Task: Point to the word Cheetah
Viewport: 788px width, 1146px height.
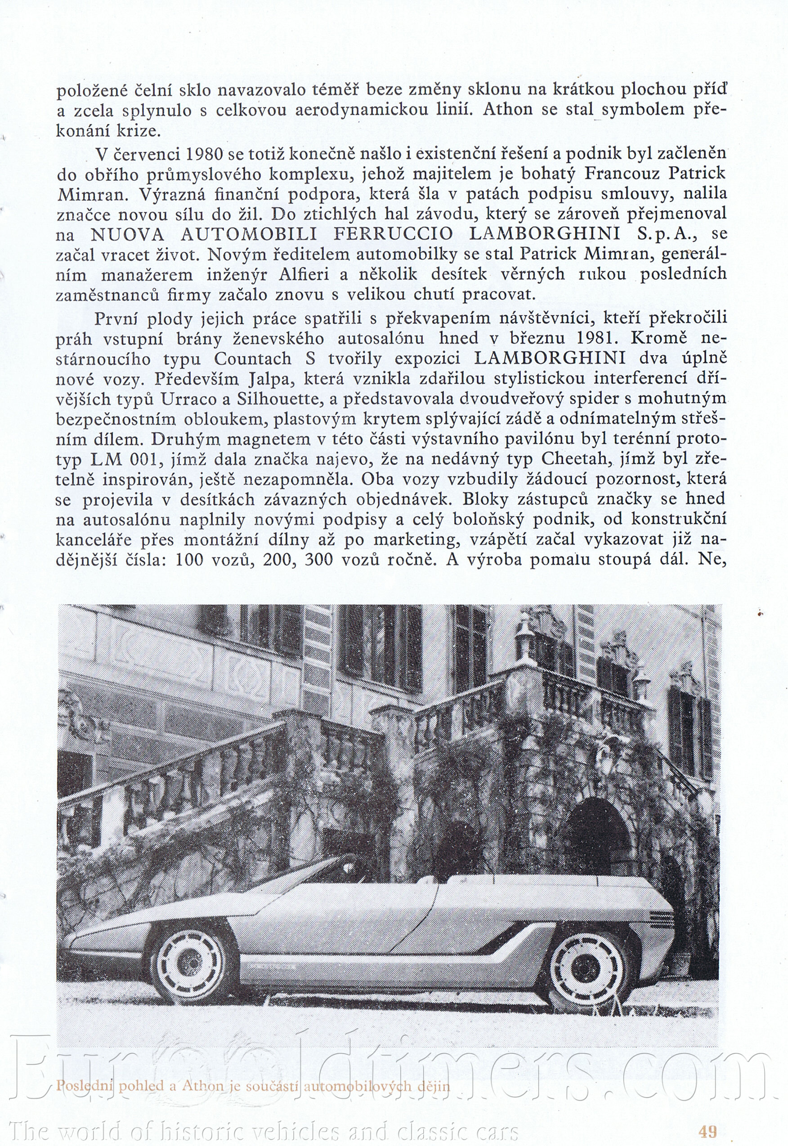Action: pyautogui.click(x=577, y=459)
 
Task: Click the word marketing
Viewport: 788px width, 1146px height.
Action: pyautogui.click(x=415, y=540)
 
